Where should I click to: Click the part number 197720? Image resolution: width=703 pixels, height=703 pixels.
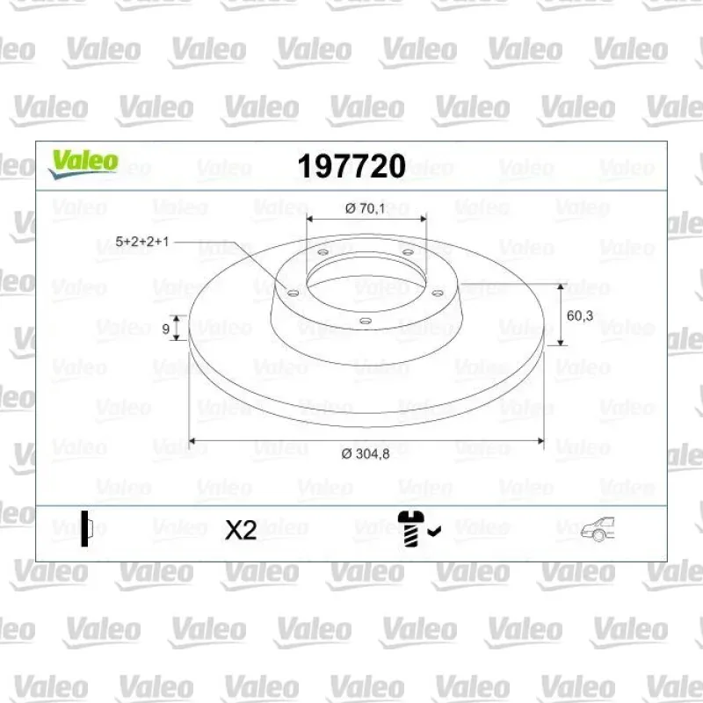(x=351, y=166)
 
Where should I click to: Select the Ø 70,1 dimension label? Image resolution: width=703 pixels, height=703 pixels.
(x=365, y=208)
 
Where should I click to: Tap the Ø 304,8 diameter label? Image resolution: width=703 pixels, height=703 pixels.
(x=366, y=453)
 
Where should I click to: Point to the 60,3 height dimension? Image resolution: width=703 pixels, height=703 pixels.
(x=580, y=315)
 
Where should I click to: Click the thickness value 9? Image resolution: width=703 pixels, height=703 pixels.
(x=165, y=329)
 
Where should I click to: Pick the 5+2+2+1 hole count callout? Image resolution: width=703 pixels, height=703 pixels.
(x=142, y=242)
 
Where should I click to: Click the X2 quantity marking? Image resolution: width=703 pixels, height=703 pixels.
(x=241, y=530)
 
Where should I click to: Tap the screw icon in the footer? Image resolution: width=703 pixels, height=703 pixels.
(x=409, y=528)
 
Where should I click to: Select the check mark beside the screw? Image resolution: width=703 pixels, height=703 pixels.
(x=434, y=532)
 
